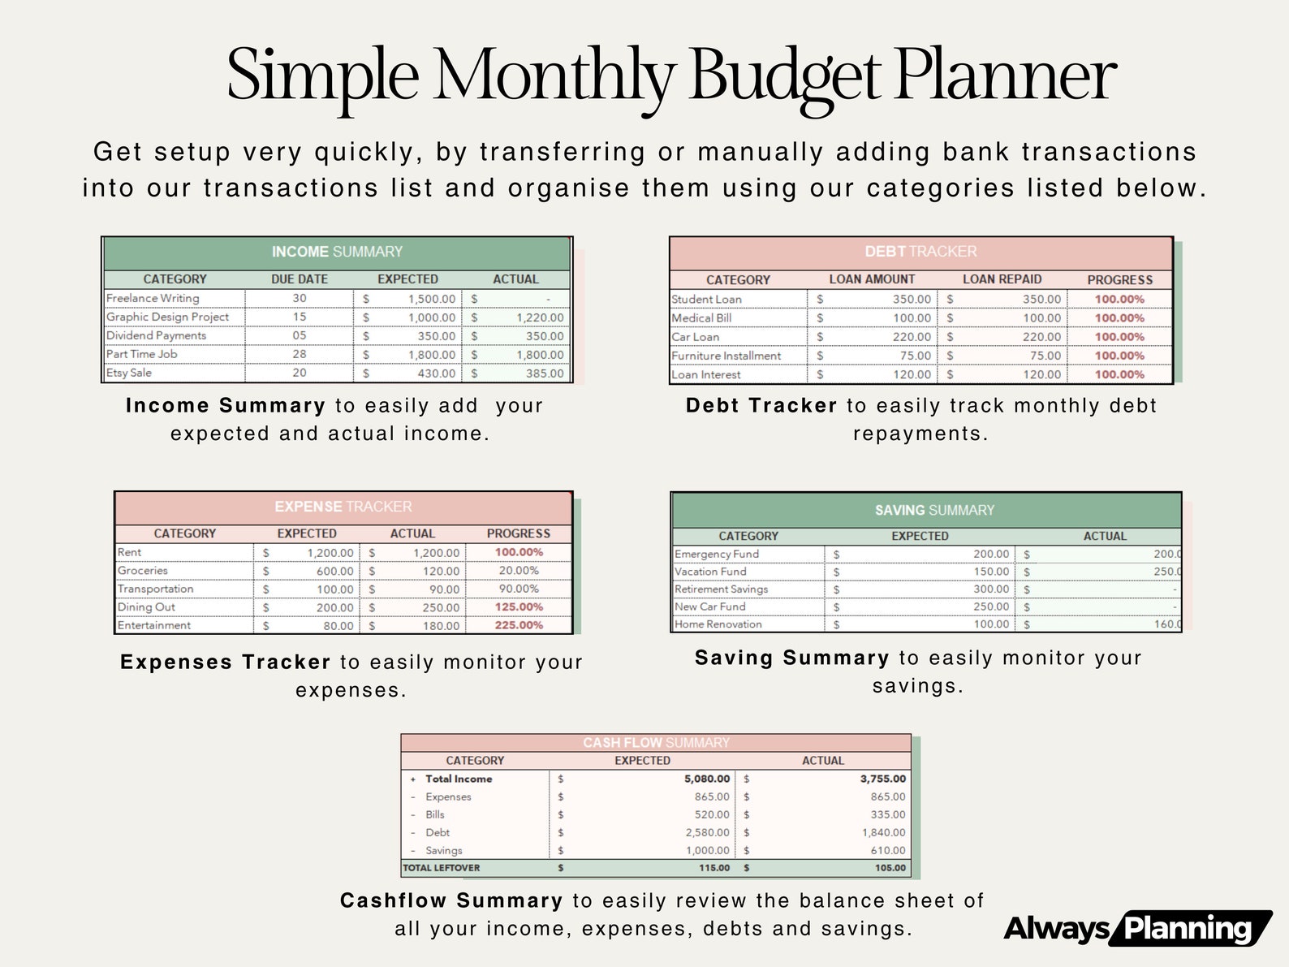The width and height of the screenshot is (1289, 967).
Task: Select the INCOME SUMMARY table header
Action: [x=337, y=252]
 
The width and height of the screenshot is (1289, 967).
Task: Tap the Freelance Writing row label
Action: [x=153, y=298]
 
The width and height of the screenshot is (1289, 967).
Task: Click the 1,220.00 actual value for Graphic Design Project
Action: [x=540, y=317]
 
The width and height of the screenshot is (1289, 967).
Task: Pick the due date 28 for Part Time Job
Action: [x=300, y=354]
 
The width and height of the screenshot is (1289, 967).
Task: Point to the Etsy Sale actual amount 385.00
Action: [x=544, y=373]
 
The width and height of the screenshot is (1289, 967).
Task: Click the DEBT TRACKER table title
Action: [x=920, y=252]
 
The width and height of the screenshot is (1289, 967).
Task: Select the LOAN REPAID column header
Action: [x=1002, y=279]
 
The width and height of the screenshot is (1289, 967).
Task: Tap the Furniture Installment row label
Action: [x=726, y=356]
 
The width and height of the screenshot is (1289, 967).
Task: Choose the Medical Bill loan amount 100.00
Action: [x=912, y=318]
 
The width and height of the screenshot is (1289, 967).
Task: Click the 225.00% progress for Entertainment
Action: [x=519, y=625]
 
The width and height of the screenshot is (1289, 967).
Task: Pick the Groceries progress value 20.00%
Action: [x=519, y=571]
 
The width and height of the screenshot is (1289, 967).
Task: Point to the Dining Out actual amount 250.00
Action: [x=441, y=607]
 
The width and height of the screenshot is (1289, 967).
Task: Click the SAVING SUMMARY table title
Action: [x=934, y=510]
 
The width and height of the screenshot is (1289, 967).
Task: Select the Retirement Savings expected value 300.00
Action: [x=991, y=589]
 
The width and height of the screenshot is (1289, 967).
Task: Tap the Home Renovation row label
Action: [x=718, y=624]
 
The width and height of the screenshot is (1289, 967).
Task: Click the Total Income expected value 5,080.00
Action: [x=706, y=779]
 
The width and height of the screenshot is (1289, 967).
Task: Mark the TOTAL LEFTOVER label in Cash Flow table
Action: [x=442, y=868]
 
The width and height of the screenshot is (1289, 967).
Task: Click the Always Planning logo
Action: [x=1137, y=928]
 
